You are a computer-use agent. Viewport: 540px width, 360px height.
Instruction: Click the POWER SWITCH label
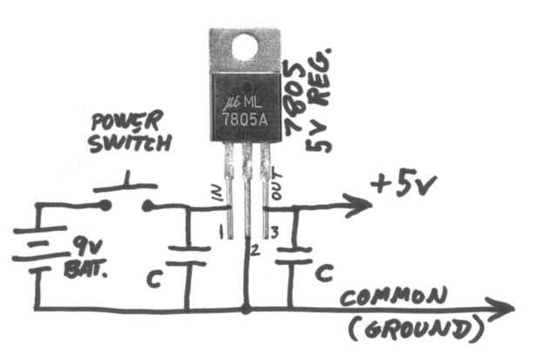pos(129,131)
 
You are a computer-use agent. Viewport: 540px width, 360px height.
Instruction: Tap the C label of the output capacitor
pos(322,273)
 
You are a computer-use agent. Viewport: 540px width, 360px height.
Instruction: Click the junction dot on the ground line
pos(246,308)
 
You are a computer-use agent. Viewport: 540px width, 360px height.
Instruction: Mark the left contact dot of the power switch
pos(106,207)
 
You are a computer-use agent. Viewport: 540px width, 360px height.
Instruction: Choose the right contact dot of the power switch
pos(147,207)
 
